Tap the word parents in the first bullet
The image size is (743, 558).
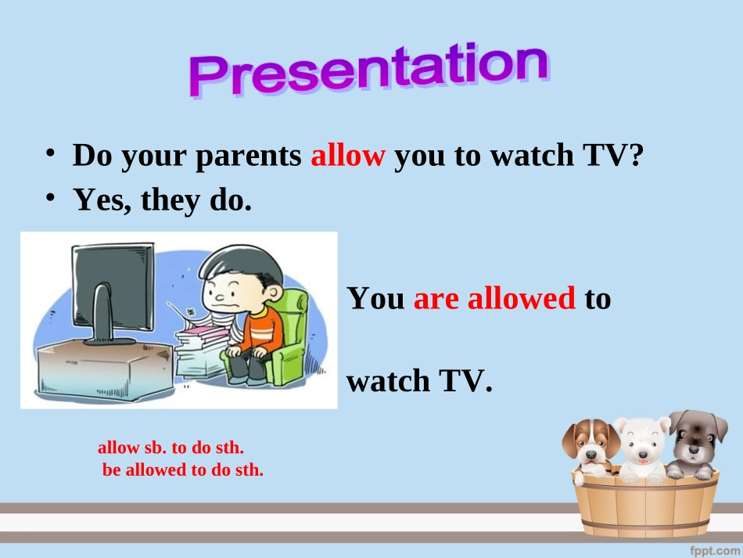[248, 156]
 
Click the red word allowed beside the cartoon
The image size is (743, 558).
[521, 298]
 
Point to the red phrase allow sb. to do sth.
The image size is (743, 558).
[170, 448]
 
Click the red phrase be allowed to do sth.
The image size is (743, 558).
[183, 470]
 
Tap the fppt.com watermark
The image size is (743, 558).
[715, 550]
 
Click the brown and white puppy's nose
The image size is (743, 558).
[591, 454]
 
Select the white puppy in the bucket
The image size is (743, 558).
[642, 448]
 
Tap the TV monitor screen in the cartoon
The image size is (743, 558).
[113, 284]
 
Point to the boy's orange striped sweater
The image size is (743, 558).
[260, 331]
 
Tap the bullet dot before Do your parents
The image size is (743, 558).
[50, 153]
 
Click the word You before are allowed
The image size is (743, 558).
[376, 298]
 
